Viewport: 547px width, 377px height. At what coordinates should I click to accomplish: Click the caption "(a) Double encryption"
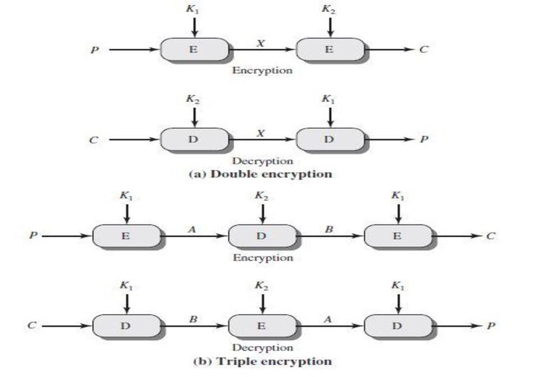[x=261, y=174]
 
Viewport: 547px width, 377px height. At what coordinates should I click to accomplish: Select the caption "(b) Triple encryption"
[x=261, y=362]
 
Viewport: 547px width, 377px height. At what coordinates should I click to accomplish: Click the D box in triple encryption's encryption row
[x=261, y=236]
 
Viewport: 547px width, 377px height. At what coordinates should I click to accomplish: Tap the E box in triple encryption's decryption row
[x=261, y=325]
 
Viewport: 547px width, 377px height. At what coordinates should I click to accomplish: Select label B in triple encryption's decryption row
[x=194, y=316]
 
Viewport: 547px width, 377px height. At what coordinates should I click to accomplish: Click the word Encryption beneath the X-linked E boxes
[x=262, y=70]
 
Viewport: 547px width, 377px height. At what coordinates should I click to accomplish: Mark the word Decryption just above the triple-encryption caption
[x=261, y=347]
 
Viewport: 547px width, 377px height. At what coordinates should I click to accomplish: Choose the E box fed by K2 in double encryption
[x=330, y=49]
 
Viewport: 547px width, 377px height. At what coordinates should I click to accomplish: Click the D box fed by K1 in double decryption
[x=330, y=139]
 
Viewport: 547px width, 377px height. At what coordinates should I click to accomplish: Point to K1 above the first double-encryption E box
[x=194, y=9]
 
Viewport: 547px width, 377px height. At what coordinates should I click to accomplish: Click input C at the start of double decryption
[x=93, y=139]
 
